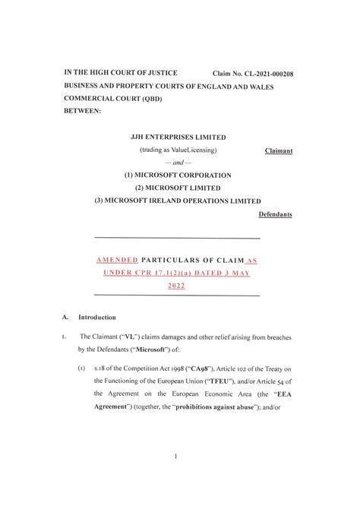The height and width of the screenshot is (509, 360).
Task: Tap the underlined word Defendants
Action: click(x=275, y=215)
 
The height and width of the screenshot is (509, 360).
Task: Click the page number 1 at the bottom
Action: click(x=176, y=457)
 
